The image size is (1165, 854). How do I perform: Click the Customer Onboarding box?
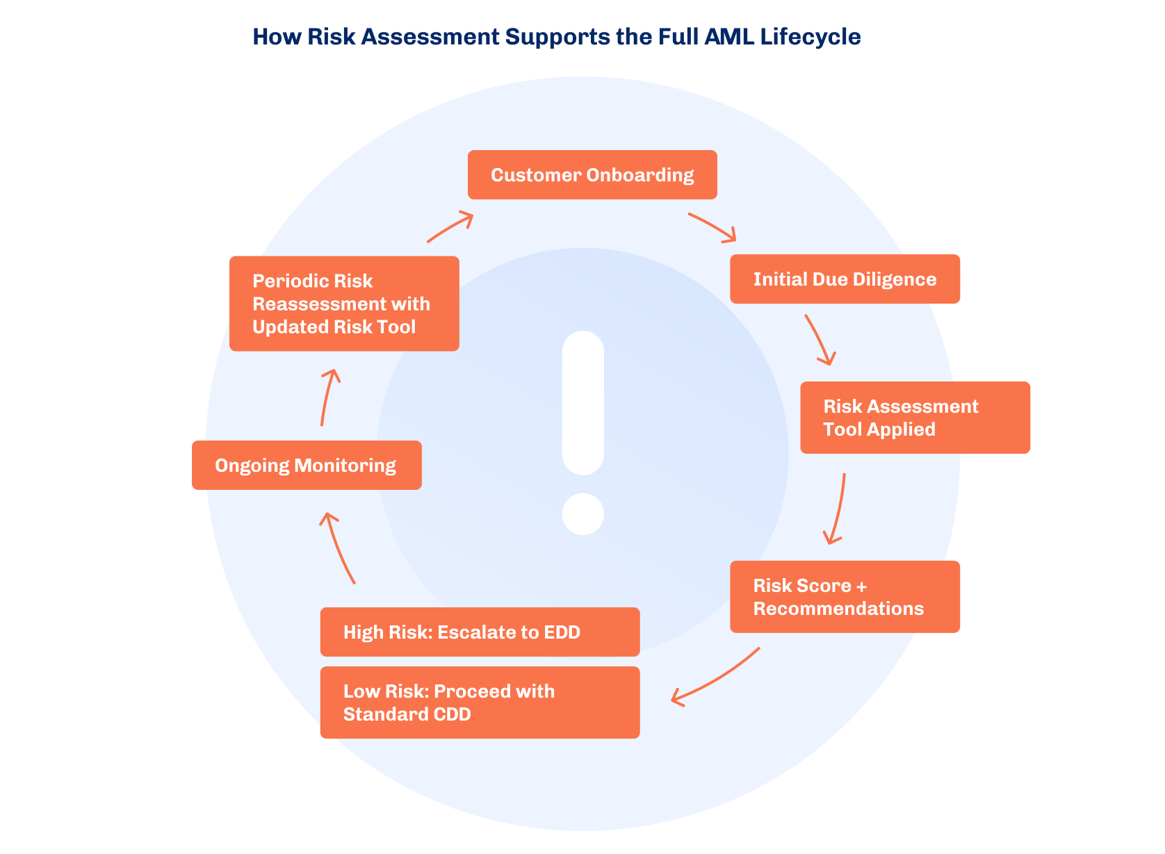[592, 175]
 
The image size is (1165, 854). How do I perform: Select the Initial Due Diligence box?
[845, 279]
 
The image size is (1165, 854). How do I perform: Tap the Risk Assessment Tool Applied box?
[915, 418]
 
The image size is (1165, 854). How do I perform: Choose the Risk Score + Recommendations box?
[845, 597]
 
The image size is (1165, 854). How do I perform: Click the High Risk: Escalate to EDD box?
[480, 632]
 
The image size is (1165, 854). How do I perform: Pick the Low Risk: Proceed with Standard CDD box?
[480, 703]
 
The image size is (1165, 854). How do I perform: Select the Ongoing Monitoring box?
[307, 466]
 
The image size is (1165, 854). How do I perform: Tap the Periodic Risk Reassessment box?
[344, 304]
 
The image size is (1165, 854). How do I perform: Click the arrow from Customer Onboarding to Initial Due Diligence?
[712, 227]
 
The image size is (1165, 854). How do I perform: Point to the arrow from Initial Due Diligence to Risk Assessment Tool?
[820, 340]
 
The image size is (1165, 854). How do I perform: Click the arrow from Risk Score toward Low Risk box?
[716, 678]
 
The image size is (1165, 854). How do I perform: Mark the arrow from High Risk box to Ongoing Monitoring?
[338, 548]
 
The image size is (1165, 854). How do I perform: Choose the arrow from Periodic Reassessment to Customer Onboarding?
[450, 227]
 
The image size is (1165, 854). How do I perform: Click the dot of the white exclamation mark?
[582, 514]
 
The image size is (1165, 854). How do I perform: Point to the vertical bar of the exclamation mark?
[582, 402]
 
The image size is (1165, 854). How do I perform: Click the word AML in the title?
[728, 37]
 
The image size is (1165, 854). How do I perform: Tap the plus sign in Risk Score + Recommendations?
[862, 586]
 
